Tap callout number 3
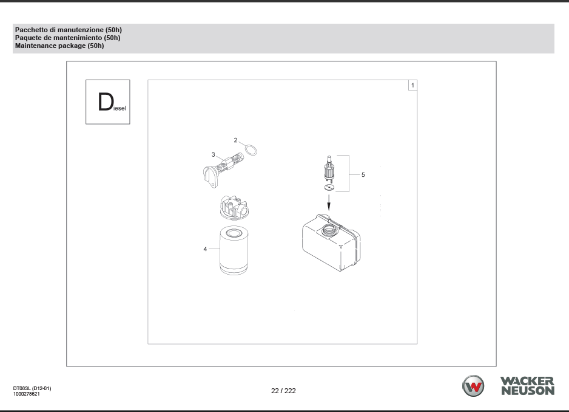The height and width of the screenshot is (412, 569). point(214,154)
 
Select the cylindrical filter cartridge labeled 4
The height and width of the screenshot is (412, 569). point(234,250)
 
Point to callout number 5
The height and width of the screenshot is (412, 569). point(363,175)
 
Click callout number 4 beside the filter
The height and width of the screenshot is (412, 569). point(205,249)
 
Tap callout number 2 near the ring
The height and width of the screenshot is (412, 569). point(235,140)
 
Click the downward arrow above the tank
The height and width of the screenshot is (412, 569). point(329,202)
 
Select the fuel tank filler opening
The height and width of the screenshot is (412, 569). point(328,230)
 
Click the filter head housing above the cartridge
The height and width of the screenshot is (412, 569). point(234,208)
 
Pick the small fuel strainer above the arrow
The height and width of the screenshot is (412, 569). point(329,169)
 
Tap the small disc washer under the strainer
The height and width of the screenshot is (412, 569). point(329,188)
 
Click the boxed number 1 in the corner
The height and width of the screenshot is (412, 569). point(412,85)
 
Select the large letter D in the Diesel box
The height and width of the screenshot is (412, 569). point(106,102)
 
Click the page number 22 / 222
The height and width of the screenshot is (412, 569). point(283,391)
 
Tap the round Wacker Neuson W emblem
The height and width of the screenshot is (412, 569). point(473,386)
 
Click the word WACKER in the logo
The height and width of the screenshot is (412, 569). point(527,381)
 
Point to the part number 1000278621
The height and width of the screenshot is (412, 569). point(27,394)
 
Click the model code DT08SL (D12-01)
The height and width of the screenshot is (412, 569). point(32,388)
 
